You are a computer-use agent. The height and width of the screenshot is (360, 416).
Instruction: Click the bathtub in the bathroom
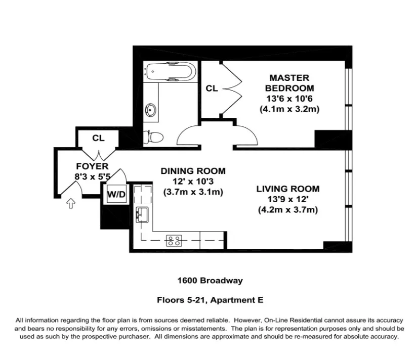pyautogui.click(x=169, y=71)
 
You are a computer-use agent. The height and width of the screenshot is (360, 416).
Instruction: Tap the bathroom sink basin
pyautogui.click(x=150, y=109)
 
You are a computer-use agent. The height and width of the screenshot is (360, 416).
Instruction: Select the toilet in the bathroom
pyautogui.click(x=153, y=136)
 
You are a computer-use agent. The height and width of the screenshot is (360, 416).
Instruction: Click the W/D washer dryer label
pyautogui.click(x=115, y=194)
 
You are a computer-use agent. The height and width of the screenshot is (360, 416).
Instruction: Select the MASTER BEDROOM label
pyautogui.click(x=289, y=83)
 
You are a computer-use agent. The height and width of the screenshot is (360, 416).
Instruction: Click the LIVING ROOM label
pyautogui.click(x=287, y=189)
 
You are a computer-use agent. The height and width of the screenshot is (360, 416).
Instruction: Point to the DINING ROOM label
pyautogui.click(x=193, y=171)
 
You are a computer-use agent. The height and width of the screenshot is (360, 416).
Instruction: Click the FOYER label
pyautogui.click(x=92, y=166)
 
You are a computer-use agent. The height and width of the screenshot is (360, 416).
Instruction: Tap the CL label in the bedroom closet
pyautogui.click(x=212, y=88)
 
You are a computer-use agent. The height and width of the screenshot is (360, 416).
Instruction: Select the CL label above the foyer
pyautogui.click(x=98, y=138)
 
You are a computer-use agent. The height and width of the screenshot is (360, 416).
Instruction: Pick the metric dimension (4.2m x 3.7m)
pyautogui.click(x=287, y=210)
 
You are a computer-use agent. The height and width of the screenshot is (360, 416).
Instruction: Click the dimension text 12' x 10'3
pyautogui.click(x=193, y=182)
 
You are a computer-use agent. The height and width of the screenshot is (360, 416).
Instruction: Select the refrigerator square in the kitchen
pyautogui.click(x=143, y=193)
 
